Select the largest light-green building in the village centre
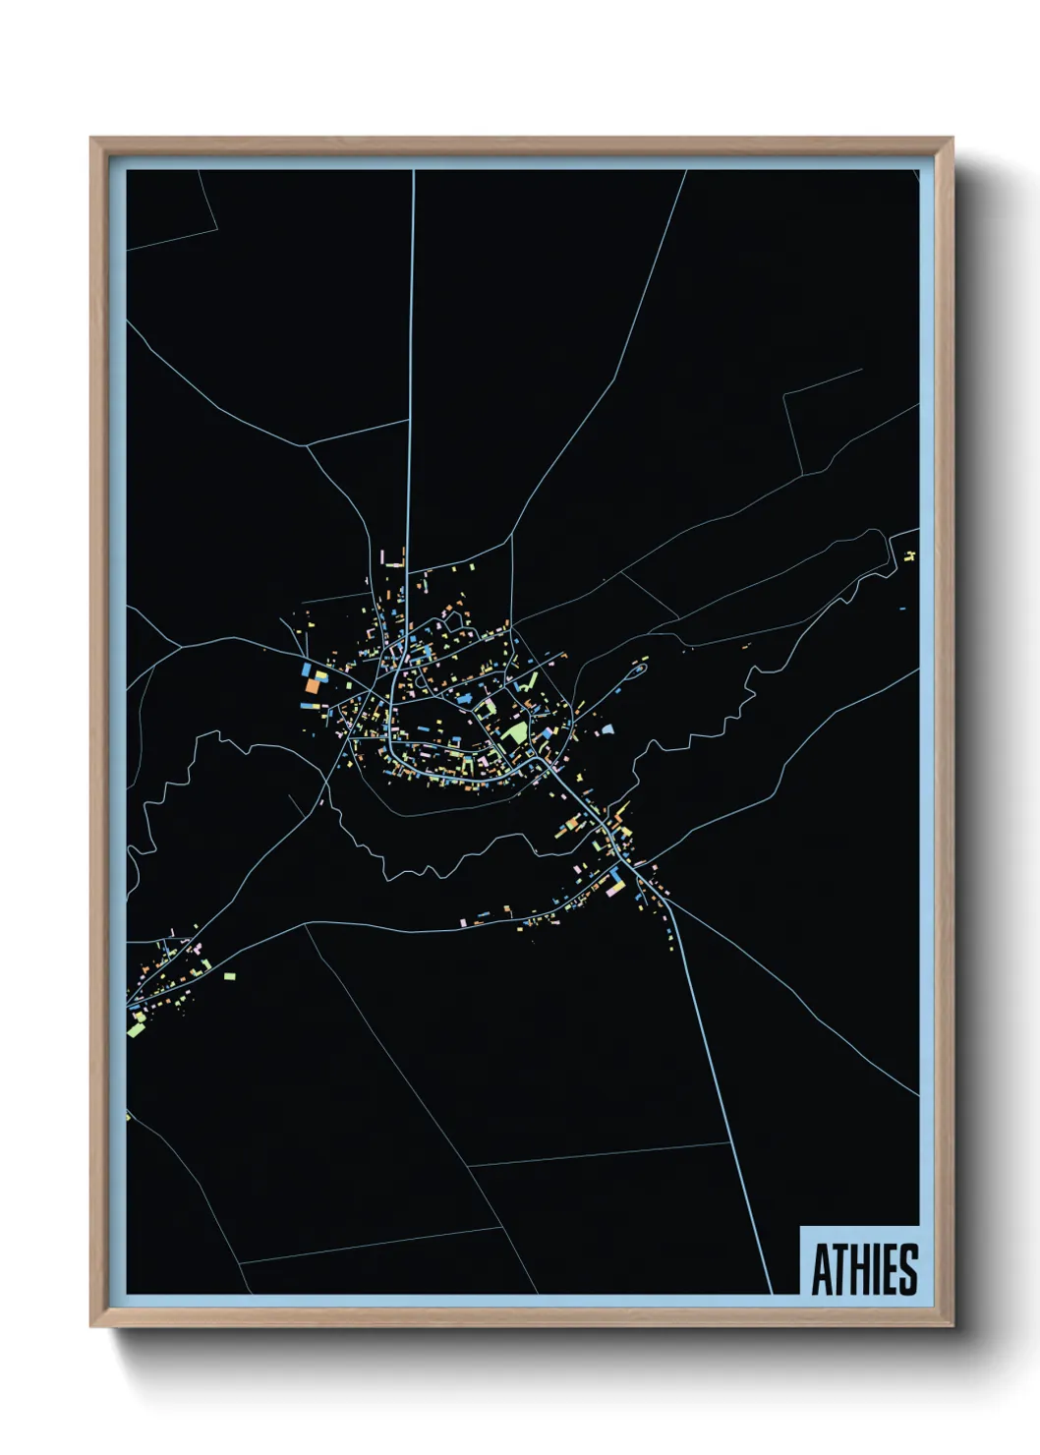[514, 733]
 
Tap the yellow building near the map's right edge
[910, 556]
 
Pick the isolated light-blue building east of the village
[607, 729]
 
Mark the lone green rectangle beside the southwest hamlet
[229, 976]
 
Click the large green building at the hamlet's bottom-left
[136, 1028]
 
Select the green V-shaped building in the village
[528, 680]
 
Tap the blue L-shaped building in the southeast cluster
[616, 875]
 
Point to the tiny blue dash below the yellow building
[901, 610]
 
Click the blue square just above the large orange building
[307, 669]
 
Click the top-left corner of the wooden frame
[91, 139]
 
